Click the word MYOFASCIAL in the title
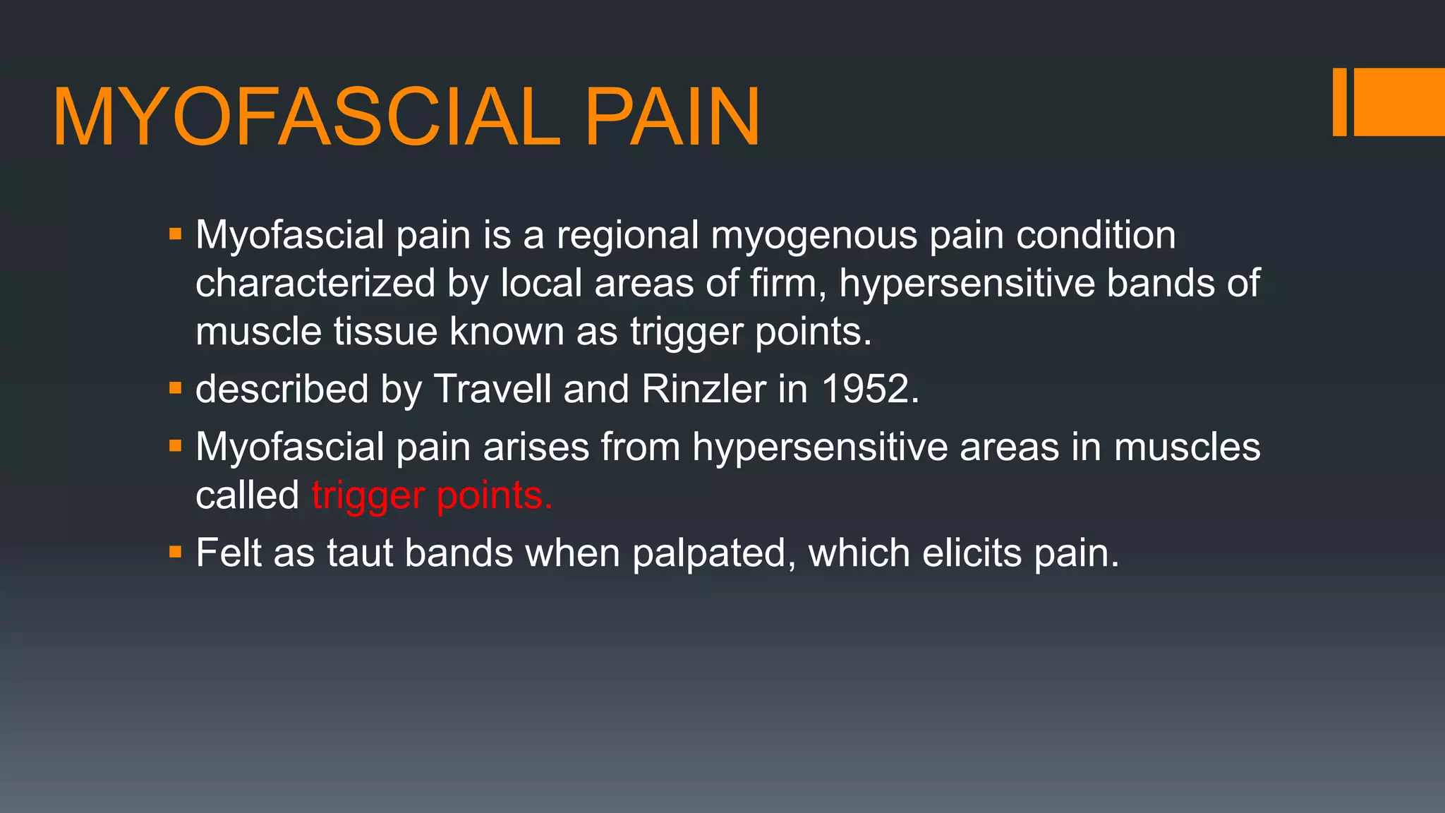[307, 117]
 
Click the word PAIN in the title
[672, 117]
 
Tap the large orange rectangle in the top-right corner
[1399, 102]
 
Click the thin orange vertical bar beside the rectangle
[1339, 102]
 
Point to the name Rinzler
[703, 389]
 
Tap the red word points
[494, 496]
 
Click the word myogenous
[814, 236]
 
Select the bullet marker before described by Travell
[176, 388]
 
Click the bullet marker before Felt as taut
[176, 551]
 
